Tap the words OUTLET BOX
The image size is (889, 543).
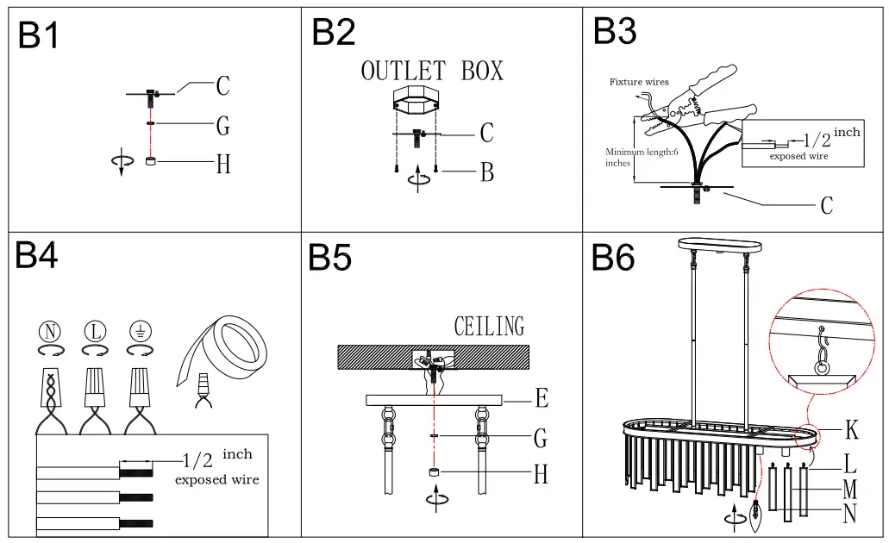pyautogui.click(x=431, y=71)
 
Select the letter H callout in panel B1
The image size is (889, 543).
pyautogui.click(x=223, y=164)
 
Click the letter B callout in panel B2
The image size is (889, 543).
pyautogui.click(x=487, y=172)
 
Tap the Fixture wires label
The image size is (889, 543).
pyautogui.click(x=639, y=82)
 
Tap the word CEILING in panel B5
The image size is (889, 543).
pyautogui.click(x=489, y=327)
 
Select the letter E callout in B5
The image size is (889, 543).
pyautogui.click(x=542, y=398)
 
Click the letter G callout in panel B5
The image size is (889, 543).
pyautogui.click(x=541, y=439)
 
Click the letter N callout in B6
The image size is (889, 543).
pyautogui.click(x=850, y=514)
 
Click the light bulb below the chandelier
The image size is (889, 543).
pyautogui.click(x=757, y=516)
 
